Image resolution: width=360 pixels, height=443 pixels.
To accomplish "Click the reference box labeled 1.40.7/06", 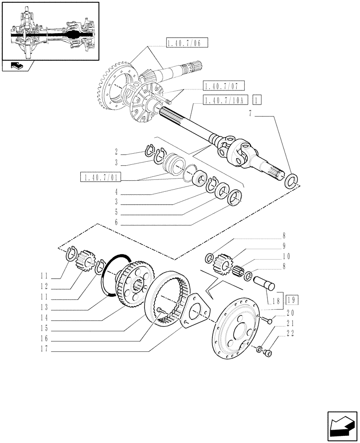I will pyautogui.click(x=187, y=43).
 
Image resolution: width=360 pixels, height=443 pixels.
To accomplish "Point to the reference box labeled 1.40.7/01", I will pyautogui.click(x=101, y=178).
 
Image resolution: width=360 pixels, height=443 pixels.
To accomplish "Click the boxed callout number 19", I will pyautogui.click(x=292, y=300).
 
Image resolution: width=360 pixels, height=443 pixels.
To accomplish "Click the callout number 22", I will pyautogui.click(x=291, y=334).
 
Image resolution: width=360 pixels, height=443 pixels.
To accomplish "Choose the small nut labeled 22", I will pyautogui.click(x=267, y=353).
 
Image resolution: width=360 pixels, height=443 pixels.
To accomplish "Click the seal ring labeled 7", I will pyautogui.click(x=291, y=181).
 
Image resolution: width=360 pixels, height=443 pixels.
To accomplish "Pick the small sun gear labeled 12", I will pyautogui.click(x=86, y=261).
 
